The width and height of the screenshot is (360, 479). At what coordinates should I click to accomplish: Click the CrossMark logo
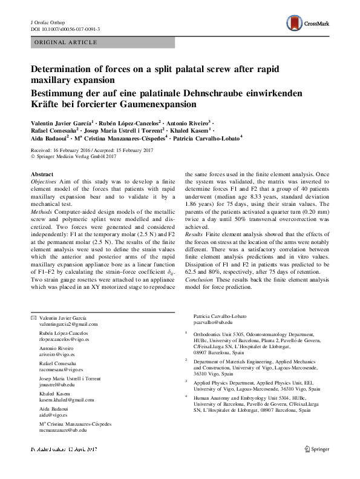pyautogui.click(x=307, y=24)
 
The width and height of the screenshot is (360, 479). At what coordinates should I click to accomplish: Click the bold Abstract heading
pyautogui.click(x=42, y=174)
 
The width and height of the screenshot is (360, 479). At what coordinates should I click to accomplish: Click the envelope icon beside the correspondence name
pyautogui.click(x=33, y=317)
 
